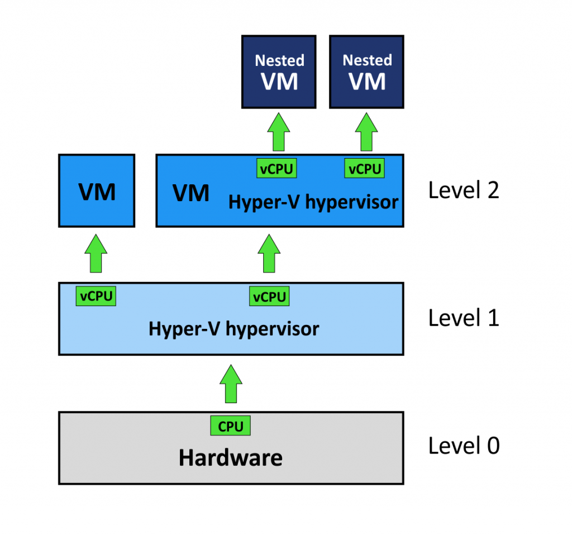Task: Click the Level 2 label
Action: coord(463,190)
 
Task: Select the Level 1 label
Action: coord(463,318)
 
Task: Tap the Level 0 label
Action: coord(464,446)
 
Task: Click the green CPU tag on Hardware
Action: coord(231,427)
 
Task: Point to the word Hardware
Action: coord(231,458)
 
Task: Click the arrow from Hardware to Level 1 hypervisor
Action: coord(231,384)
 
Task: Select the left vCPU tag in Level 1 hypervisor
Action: coord(96,296)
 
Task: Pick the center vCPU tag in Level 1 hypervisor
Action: coord(269,297)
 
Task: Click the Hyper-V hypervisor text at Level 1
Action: coord(233,329)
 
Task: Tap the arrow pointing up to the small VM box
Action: coord(97,254)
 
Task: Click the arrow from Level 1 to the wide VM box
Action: coord(269,254)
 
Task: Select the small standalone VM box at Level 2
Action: coord(97,191)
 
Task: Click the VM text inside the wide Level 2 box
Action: coord(191,193)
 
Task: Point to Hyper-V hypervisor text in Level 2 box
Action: coord(313,202)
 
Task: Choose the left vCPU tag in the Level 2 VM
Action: coord(277,169)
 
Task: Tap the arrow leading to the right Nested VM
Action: coord(366,131)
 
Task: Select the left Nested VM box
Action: coord(279,71)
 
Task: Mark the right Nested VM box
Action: coord(366,71)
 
